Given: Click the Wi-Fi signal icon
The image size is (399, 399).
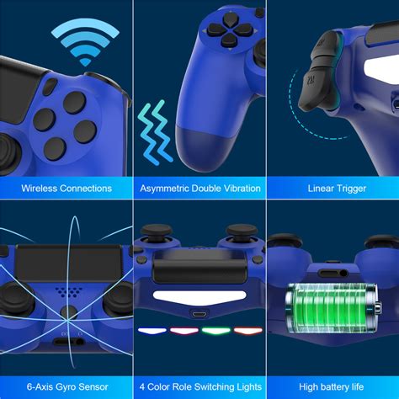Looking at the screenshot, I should (x=84, y=43).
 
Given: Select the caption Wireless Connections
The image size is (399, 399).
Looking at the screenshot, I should (x=66, y=188).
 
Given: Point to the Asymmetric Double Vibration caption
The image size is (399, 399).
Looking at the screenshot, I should (x=199, y=188).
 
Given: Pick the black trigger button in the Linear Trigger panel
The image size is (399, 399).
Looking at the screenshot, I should (x=321, y=85).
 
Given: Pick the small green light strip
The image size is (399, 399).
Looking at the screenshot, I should (x=215, y=330).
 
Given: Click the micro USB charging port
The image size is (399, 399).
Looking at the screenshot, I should (x=199, y=317).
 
